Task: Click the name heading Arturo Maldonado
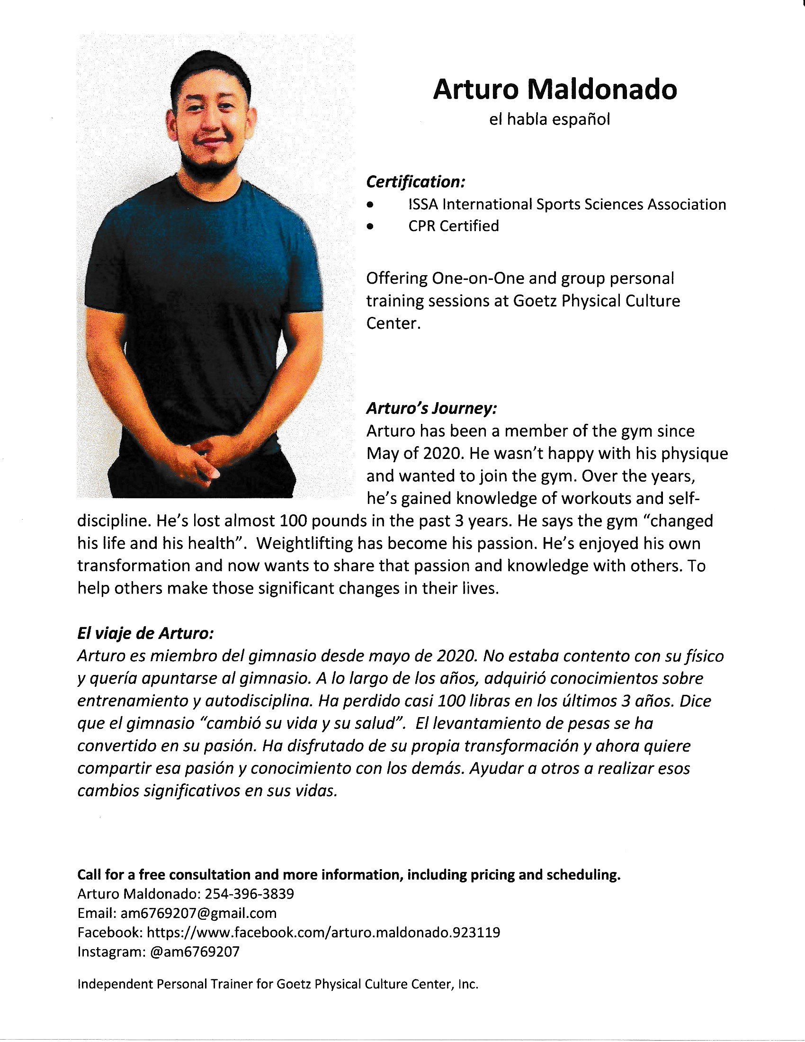(x=555, y=89)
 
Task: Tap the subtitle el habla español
(x=549, y=119)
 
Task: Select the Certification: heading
(x=415, y=182)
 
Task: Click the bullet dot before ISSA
(x=370, y=205)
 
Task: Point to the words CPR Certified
(x=454, y=225)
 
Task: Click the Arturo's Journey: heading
(x=431, y=408)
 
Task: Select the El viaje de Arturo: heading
(x=145, y=634)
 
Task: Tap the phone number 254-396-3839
(x=250, y=894)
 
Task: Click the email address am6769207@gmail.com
(x=198, y=913)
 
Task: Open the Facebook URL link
(x=323, y=932)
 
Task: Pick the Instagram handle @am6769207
(x=195, y=952)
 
